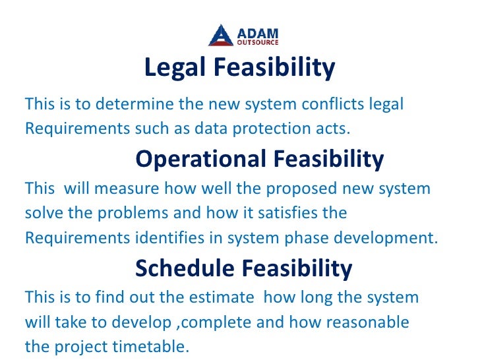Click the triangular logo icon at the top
[x=221, y=36]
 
